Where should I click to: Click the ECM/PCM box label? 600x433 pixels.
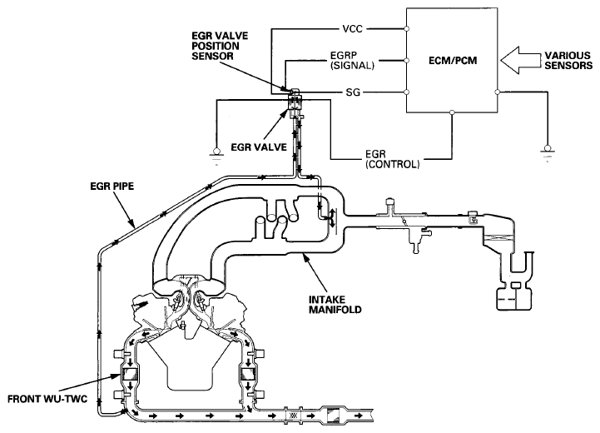pyautogui.click(x=453, y=61)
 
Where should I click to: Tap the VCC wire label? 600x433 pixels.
pyautogui.click(x=352, y=28)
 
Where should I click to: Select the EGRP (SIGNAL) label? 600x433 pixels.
pyautogui.click(x=352, y=60)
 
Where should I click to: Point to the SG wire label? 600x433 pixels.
pyautogui.click(x=353, y=92)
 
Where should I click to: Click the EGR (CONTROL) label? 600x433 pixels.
pyautogui.click(x=393, y=159)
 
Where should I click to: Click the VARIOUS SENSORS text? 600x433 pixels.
pyautogui.click(x=568, y=60)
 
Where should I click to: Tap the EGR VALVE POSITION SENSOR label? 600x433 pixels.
pyautogui.click(x=220, y=46)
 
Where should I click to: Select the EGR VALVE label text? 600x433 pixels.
pyautogui.click(x=259, y=147)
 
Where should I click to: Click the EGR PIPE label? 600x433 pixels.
pyautogui.click(x=112, y=187)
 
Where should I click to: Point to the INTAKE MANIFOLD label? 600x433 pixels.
pyautogui.click(x=335, y=305)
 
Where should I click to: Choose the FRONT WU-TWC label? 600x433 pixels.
pyautogui.click(x=47, y=399)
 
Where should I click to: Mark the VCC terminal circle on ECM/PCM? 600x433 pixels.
pyautogui.click(x=406, y=28)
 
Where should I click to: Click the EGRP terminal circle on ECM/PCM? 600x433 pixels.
pyautogui.click(x=406, y=60)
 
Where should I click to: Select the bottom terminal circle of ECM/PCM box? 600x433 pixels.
pyautogui.click(x=452, y=112)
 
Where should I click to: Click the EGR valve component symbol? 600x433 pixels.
pyautogui.click(x=295, y=102)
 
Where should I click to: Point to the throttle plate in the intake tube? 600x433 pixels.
pyautogui.click(x=403, y=221)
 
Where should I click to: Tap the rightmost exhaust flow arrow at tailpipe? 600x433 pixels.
pyautogui.click(x=359, y=416)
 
